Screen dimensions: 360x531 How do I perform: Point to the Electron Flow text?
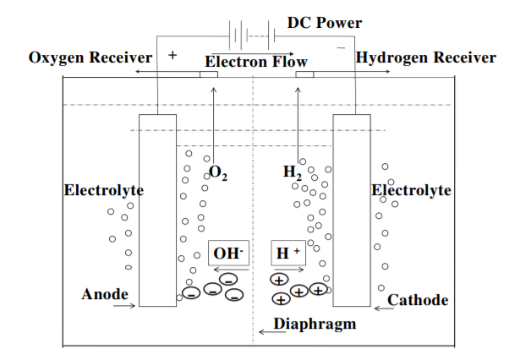[x=256, y=62]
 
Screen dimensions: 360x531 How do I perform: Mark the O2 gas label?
[x=218, y=174]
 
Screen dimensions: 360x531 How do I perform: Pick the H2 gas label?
[x=293, y=173]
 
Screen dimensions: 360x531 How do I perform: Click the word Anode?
[x=105, y=294]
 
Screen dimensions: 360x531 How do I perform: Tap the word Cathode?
[x=418, y=300]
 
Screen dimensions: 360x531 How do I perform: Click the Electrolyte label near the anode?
[x=104, y=190]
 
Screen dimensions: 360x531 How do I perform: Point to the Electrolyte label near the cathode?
[x=412, y=190]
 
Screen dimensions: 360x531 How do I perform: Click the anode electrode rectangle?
[x=157, y=211]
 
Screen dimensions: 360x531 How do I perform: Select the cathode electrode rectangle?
[x=352, y=211]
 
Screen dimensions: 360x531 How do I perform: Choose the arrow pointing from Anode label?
[x=123, y=305]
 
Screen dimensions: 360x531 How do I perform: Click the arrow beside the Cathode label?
[x=383, y=308]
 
